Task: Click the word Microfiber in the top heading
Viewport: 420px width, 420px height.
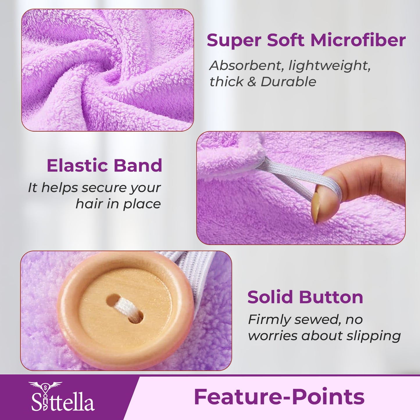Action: (x=358, y=40)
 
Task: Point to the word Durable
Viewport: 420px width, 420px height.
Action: (x=288, y=82)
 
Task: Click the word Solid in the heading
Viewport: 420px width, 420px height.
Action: (x=270, y=297)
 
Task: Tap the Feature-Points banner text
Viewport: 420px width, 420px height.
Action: (x=279, y=397)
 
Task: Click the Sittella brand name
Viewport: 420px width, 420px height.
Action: (x=63, y=402)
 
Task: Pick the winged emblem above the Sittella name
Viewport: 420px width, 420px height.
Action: (x=45, y=386)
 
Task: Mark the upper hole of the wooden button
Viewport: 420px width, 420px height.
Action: (x=113, y=300)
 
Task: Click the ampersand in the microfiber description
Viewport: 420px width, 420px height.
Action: (x=251, y=82)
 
